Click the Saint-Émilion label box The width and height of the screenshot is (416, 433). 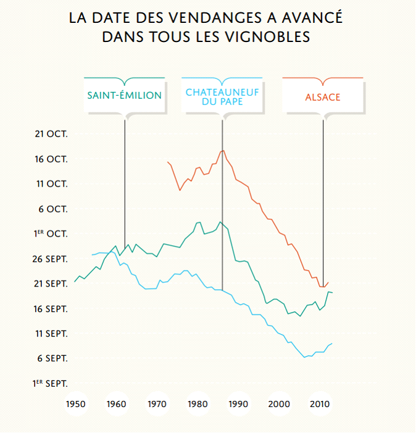tap(125, 96)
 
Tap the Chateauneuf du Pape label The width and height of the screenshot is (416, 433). tap(222, 96)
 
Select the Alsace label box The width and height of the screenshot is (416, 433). tap(322, 97)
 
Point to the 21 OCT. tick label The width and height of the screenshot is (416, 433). tap(51, 133)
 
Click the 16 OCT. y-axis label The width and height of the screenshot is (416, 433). tap(51, 159)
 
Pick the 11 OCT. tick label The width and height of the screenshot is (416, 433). tap(51, 183)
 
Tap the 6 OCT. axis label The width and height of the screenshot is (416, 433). tap(53, 209)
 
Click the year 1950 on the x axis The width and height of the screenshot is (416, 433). tap(75, 405)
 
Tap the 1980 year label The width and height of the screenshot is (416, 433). tap(198, 405)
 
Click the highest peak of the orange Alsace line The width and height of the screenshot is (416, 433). tap(223, 151)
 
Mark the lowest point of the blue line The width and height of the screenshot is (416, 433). tap(304, 357)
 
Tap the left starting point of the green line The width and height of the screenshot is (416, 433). tap(75, 282)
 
